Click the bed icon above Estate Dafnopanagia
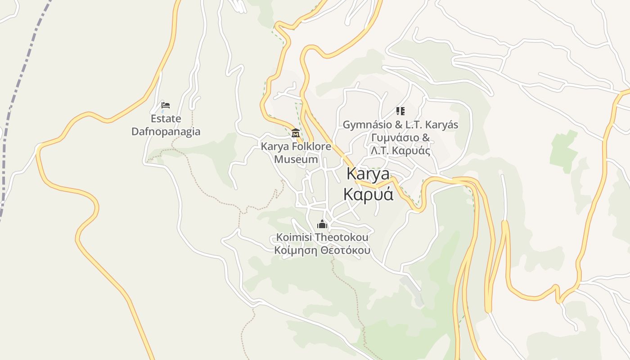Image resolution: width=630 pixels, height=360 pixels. pos(166,105)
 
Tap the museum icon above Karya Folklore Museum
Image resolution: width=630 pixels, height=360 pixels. pos(296,133)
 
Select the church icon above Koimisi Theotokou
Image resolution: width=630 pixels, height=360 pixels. pos(322,224)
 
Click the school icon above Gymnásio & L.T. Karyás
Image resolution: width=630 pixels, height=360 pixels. pos(400,111)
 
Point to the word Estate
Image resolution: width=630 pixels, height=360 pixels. pos(166,119)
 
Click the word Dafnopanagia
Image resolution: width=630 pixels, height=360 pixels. pos(166,132)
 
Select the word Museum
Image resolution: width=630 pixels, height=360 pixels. pos(296,159)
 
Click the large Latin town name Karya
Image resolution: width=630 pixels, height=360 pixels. pos(368,174)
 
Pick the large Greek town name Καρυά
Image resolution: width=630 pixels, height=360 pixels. pos(368,194)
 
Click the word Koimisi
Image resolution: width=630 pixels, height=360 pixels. pos(294,237)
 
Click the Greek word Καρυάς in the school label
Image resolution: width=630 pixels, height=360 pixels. pos(411,151)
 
